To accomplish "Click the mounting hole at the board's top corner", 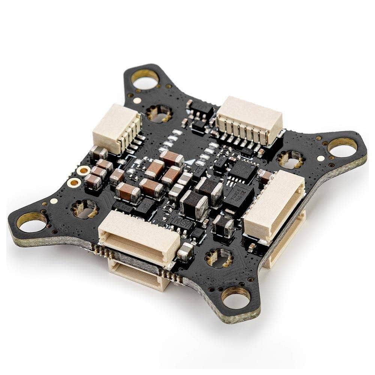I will click(145, 79).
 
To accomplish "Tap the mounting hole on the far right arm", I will click(342, 147).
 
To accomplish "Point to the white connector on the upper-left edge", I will click(117, 129).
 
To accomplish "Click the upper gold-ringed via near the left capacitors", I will click(83, 171).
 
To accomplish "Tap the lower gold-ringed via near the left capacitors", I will click(74, 183).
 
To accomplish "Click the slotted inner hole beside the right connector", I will click(291, 159).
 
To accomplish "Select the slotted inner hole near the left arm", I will click(85, 208).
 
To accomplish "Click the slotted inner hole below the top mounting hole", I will click(159, 113).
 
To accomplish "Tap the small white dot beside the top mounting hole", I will click(137, 100).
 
